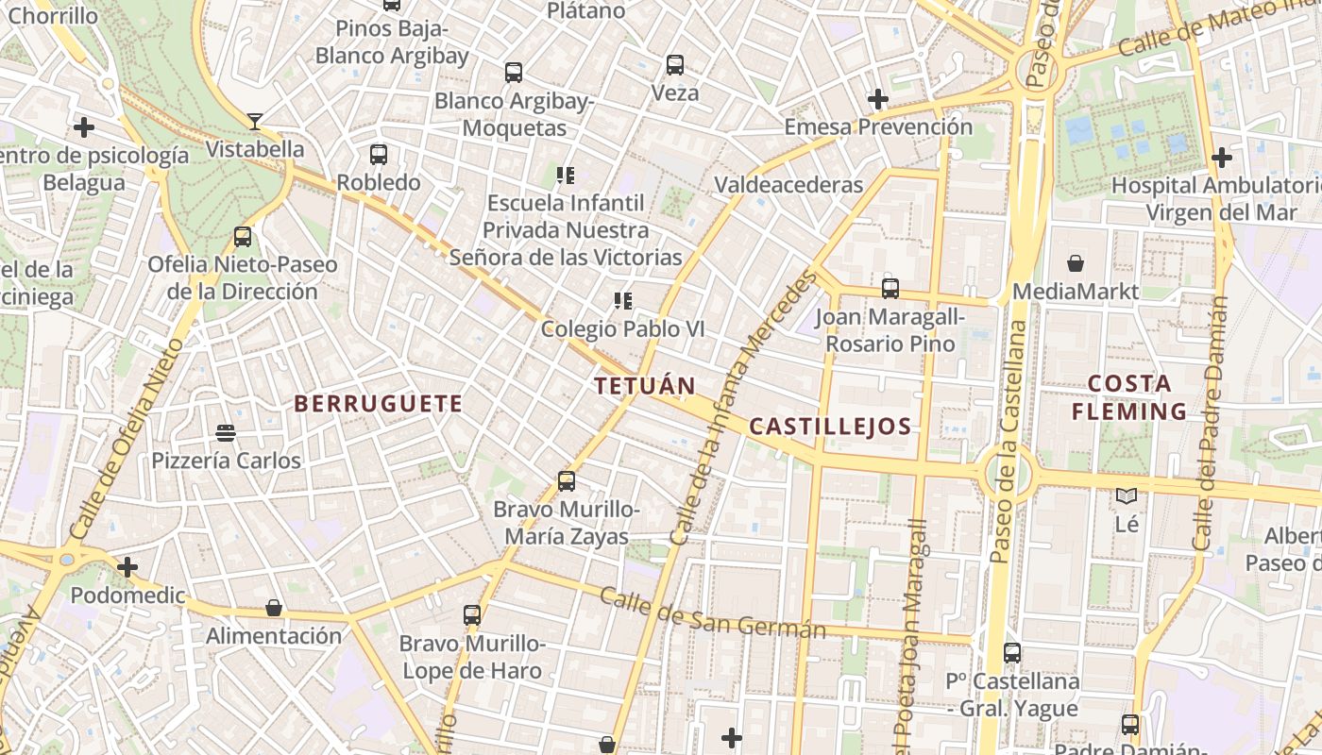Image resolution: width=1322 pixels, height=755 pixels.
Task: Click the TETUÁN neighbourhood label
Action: pyautogui.click(x=645, y=385)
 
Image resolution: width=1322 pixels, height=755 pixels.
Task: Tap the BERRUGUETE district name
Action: pyautogui.click(x=378, y=404)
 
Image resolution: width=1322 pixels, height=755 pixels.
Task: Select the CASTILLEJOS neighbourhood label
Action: pyautogui.click(x=830, y=426)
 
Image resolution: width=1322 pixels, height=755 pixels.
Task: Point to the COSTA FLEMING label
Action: pyautogui.click(x=1129, y=397)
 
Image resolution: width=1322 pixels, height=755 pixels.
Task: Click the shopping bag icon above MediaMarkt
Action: pyautogui.click(x=1076, y=262)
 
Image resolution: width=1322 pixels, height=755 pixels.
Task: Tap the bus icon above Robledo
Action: pyautogui.click(x=379, y=154)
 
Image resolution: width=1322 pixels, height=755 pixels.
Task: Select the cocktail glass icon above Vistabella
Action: pyautogui.click(x=255, y=121)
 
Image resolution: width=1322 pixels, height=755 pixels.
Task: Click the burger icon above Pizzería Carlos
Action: pyautogui.click(x=226, y=433)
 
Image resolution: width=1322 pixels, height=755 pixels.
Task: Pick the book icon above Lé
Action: pyautogui.click(x=1127, y=495)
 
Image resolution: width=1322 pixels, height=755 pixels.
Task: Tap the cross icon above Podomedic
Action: pyautogui.click(x=127, y=567)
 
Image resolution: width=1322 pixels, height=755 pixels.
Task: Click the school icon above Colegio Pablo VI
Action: pyautogui.click(x=622, y=301)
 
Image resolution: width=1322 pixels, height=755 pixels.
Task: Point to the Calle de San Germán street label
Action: pyautogui.click(x=713, y=613)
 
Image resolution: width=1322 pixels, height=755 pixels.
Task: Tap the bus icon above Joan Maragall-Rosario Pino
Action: pyautogui.click(x=890, y=289)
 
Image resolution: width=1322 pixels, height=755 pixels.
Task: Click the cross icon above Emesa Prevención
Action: pyautogui.click(x=878, y=98)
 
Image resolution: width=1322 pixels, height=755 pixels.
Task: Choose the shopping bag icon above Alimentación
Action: pyautogui.click(x=274, y=608)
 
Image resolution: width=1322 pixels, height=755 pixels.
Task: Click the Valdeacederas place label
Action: pyautogui.click(x=788, y=184)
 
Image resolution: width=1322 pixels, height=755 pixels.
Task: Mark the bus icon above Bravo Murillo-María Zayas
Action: pyautogui.click(x=567, y=481)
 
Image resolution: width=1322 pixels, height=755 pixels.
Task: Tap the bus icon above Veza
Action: pyautogui.click(x=674, y=65)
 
